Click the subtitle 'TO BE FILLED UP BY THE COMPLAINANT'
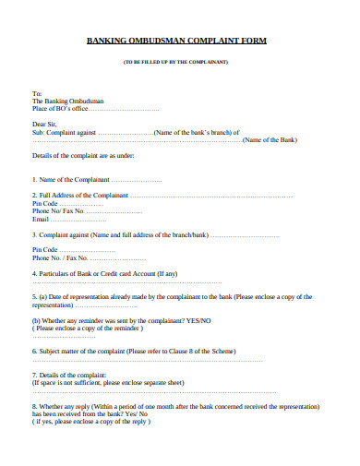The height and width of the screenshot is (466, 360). pos(180,62)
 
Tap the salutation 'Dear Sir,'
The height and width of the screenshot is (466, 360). pos(47,122)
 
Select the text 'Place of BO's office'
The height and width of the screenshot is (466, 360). pos(62,108)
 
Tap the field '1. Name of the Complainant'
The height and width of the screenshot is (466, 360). pos(72,180)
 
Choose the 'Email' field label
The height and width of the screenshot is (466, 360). pos(40,220)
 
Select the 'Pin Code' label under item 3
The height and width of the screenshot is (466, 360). pos(45,250)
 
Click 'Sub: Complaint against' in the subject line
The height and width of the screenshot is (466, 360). pos(65,132)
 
